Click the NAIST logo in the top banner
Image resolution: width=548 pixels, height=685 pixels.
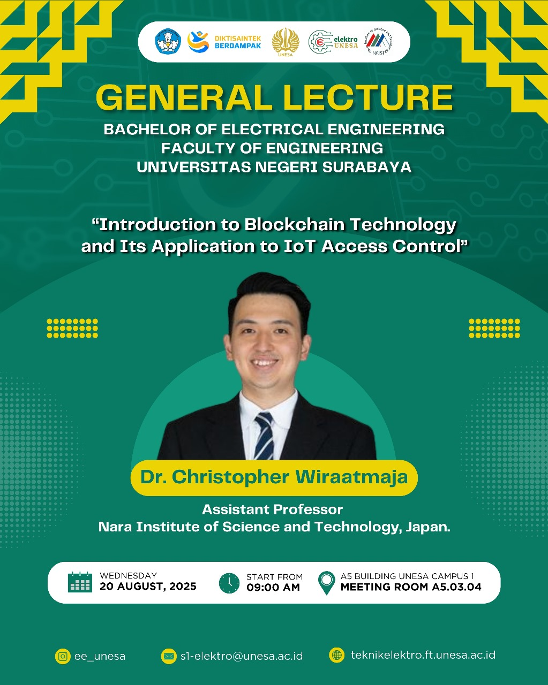click(x=378, y=41)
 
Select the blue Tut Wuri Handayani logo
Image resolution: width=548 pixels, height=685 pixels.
click(x=168, y=41)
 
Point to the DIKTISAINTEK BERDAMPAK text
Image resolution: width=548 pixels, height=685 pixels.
click(x=238, y=42)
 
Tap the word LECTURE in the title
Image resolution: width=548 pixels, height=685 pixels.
click(x=368, y=97)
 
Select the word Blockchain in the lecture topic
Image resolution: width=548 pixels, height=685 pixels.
click(x=295, y=224)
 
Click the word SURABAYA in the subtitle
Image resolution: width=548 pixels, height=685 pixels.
click(x=367, y=167)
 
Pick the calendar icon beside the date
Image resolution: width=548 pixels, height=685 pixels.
click(x=80, y=582)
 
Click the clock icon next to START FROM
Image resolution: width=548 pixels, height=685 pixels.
click(x=229, y=583)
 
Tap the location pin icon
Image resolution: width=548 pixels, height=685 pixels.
click(x=327, y=583)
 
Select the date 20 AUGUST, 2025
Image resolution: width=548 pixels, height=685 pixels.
click(x=148, y=587)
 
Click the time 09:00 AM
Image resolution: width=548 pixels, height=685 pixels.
click(x=273, y=587)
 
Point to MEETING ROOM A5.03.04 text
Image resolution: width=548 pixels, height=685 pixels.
click(x=411, y=587)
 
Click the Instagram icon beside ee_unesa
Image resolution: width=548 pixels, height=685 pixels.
click(x=63, y=656)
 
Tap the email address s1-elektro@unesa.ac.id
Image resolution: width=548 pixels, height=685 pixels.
click(x=242, y=656)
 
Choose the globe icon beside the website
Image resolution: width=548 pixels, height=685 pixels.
click(x=337, y=655)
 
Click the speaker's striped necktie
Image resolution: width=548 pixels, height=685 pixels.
click(x=264, y=436)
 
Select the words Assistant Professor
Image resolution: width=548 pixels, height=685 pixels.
click(x=273, y=509)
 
